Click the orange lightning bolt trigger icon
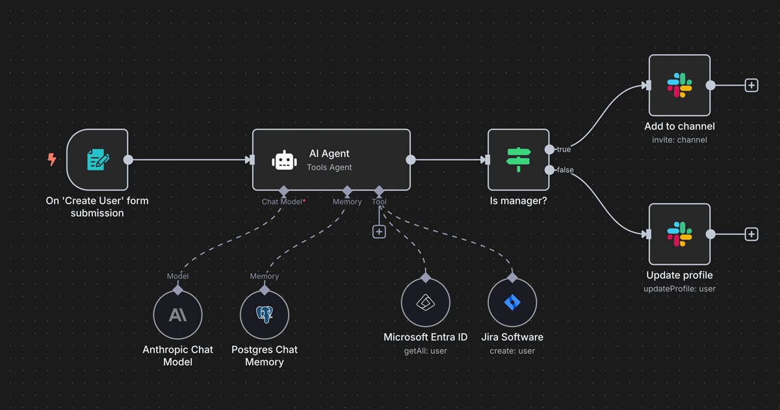tap(51, 159)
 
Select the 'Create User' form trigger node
tap(97, 159)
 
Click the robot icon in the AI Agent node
tap(285, 160)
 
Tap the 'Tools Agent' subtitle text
tap(329, 167)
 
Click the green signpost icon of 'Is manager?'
tap(518, 159)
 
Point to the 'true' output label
tap(564, 149)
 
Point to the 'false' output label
tap(564, 170)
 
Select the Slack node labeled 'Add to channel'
tap(679, 85)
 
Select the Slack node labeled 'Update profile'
tap(679, 234)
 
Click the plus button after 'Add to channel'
tap(751, 85)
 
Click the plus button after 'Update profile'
tap(751, 234)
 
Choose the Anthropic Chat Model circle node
tap(177, 315)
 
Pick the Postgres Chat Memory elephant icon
tap(264, 315)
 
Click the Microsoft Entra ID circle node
tap(425, 303)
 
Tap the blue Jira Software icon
tap(512, 303)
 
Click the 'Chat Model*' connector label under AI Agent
tap(283, 202)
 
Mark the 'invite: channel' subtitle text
tap(679, 139)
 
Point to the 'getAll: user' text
tap(425, 351)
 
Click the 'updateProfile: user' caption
tap(679, 288)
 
